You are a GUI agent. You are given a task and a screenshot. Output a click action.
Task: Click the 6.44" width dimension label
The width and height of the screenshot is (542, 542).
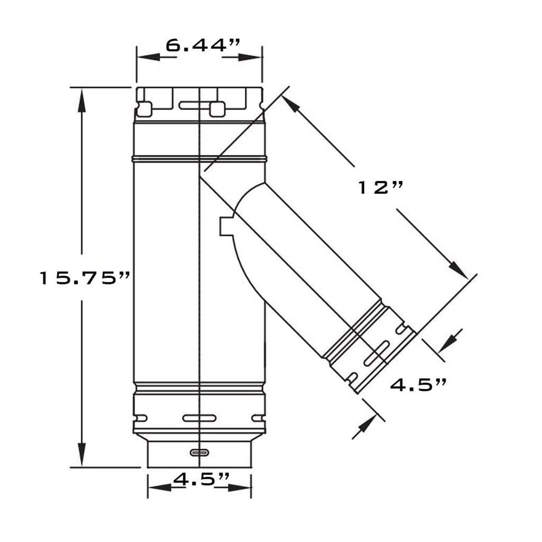click(203, 46)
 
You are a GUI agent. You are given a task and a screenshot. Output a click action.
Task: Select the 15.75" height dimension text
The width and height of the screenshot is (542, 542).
click(85, 278)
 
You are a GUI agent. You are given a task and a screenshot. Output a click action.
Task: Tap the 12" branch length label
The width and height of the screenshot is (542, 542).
click(380, 188)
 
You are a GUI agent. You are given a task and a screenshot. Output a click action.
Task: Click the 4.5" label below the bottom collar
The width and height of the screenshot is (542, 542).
click(199, 479)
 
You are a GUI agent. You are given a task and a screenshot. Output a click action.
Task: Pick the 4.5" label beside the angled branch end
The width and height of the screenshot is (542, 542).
click(419, 385)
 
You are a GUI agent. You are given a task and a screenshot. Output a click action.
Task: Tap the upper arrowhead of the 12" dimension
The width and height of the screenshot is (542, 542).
click(291, 105)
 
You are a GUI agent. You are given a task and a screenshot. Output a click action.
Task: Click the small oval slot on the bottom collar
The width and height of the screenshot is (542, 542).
click(199, 452)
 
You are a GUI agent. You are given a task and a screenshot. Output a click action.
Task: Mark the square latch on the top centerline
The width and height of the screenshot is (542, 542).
click(218, 109)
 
